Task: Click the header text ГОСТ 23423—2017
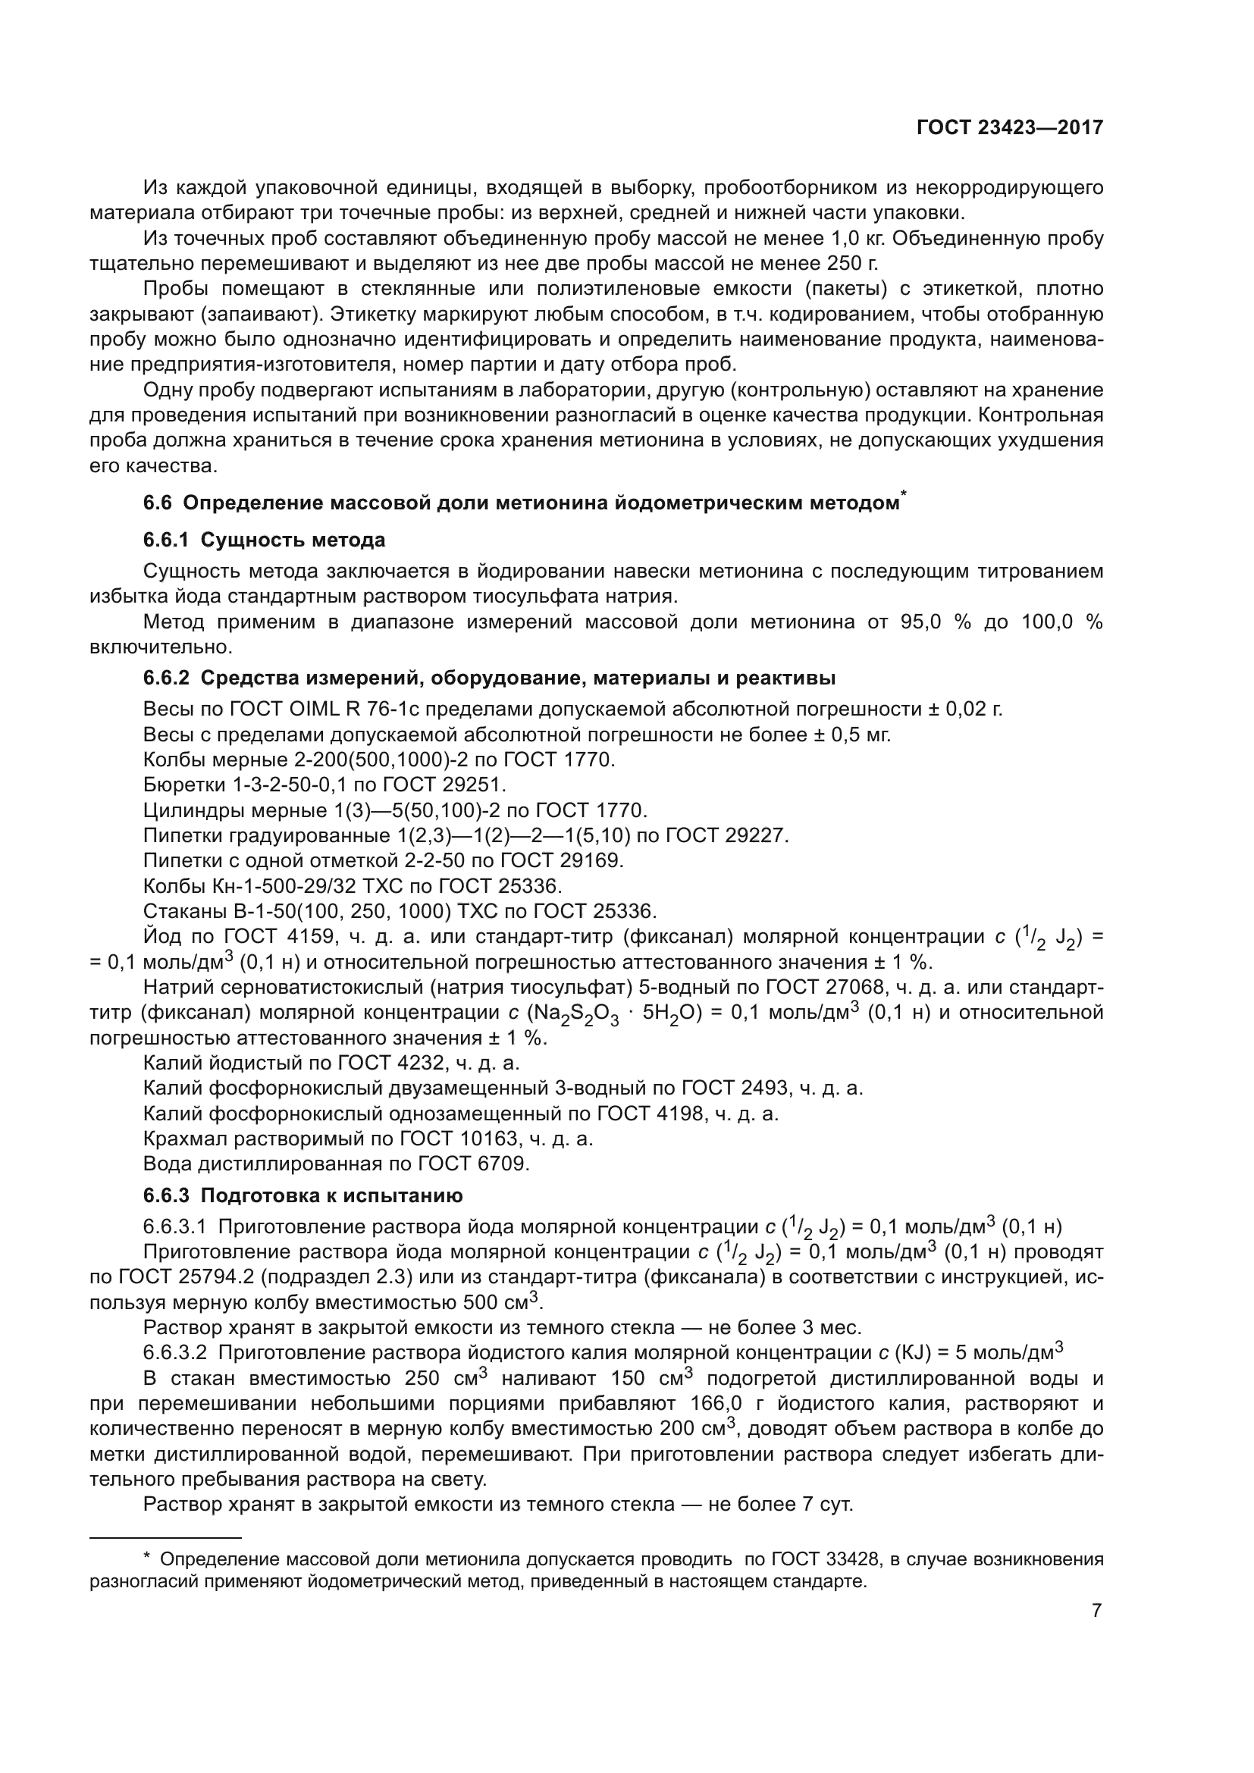[x=1009, y=127]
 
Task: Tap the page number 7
[x=1096, y=1610]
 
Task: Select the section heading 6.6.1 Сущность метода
[x=264, y=540]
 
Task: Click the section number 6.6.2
[x=166, y=678]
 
